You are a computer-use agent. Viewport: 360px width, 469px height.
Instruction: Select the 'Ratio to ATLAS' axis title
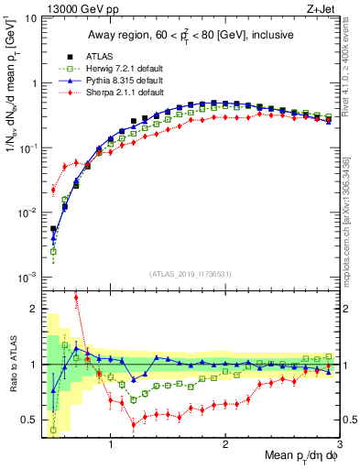pyautogui.click(x=12, y=365)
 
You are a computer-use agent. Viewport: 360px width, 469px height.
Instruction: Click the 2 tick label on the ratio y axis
pyautogui.click(x=34, y=309)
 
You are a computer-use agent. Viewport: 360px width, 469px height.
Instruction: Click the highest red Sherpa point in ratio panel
pyautogui.click(x=76, y=298)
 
